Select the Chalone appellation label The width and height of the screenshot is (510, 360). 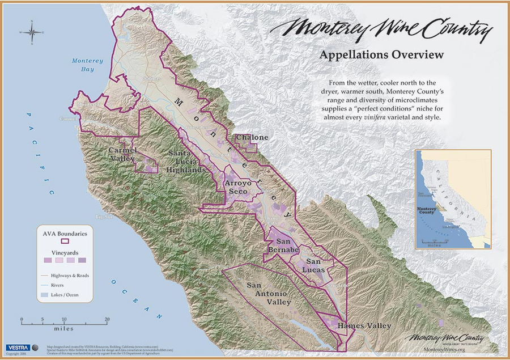pyautogui.click(x=252, y=138)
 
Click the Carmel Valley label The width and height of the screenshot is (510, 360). pyautogui.click(x=123, y=154)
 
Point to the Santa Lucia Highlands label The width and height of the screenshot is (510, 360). pyautogui.click(x=187, y=162)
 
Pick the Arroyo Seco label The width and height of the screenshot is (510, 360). pyautogui.click(x=238, y=188)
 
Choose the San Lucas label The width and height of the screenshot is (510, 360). pyautogui.click(x=315, y=265)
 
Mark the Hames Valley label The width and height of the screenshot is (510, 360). pyautogui.click(x=364, y=326)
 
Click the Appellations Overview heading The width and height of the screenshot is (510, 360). pyautogui.click(x=380, y=55)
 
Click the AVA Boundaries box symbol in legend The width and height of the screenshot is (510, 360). pyautogui.click(x=64, y=240)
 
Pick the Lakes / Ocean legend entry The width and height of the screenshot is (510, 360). pyautogui.click(x=69, y=295)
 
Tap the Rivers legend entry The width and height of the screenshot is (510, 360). pyautogui.click(x=63, y=285)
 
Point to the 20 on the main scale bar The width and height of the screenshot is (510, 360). pyautogui.click(x=107, y=320)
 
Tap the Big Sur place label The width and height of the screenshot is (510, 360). pyautogui.click(x=105, y=217)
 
